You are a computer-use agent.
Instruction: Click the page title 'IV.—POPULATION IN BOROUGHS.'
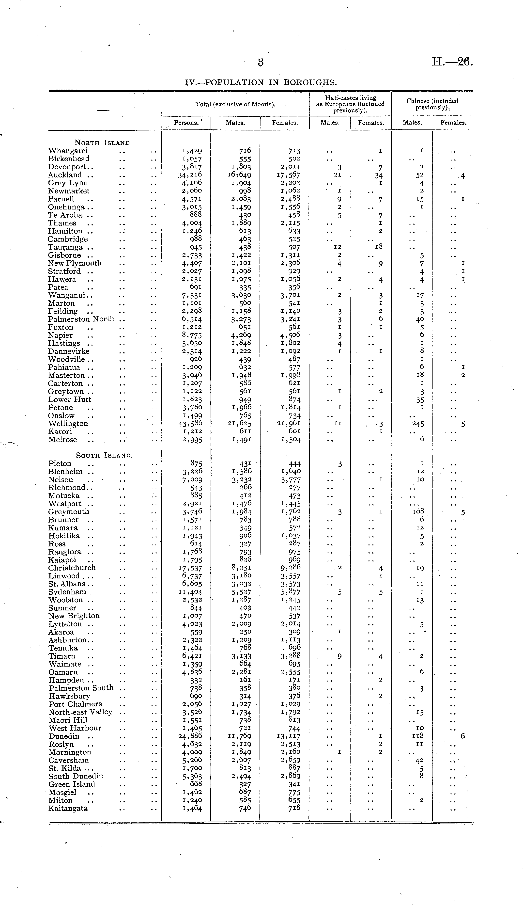pyautogui.click(x=261, y=82)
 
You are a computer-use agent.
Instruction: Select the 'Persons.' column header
pyautogui.click(x=186, y=123)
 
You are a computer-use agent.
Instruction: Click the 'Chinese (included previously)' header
pyautogui.click(x=432, y=104)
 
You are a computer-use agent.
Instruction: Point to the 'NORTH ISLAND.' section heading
pyautogui.click(x=103, y=143)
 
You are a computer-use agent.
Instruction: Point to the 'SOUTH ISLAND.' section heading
pyautogui.click(x=104, y=455)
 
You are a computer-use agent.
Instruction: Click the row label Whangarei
pyautogui.click(x=68, y=151)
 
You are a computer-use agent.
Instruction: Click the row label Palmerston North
pyautogui.click(x=81, y=319)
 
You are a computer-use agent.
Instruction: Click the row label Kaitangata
pyautogui.click(x=68, y=808)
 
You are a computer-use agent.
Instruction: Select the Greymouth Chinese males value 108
pyautogui.click(x=418, y=511)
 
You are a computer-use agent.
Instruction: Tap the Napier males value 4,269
pyautogui.click(x=241, y=335)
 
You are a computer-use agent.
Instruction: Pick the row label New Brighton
pyautogui.click(x=74, y=616)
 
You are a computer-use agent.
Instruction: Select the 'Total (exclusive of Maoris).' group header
pyautogui.click(x=235, y=105)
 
